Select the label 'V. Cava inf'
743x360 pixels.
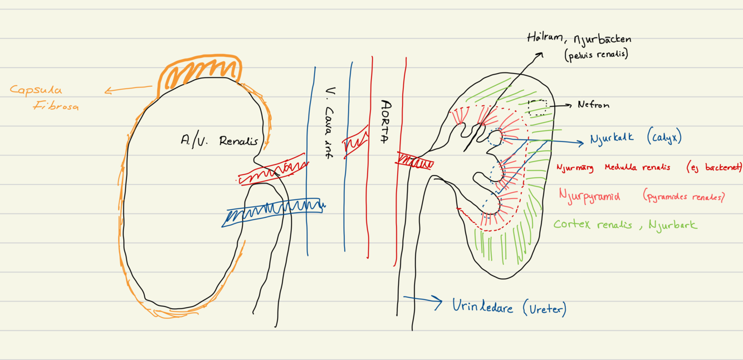tap(329, 123)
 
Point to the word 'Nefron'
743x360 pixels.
tap(593, 105)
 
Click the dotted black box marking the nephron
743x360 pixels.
tap(537, 107)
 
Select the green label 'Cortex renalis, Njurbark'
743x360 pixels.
tap(625, 225)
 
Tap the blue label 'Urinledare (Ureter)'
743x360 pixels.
tap(509, 307)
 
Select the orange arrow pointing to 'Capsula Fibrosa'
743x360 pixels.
tap(128, 89)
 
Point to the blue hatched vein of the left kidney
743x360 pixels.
tap(273, 211)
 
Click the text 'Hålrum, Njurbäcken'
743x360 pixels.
tap(579, 39)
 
